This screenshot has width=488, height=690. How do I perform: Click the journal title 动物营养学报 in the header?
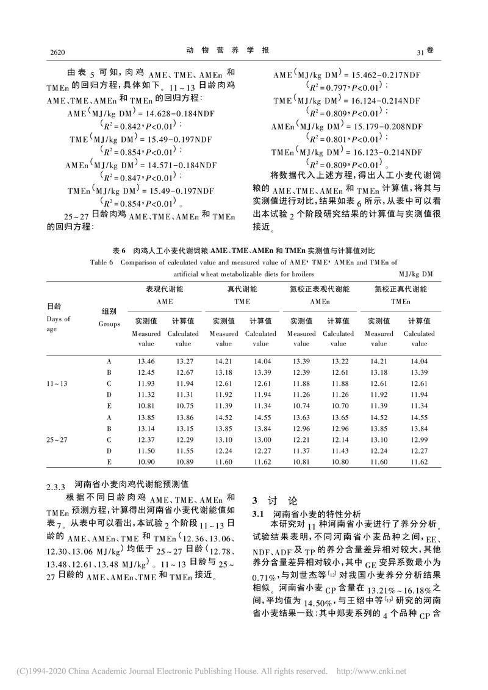(236, 51)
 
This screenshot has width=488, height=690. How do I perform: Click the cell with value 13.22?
(338, 362)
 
